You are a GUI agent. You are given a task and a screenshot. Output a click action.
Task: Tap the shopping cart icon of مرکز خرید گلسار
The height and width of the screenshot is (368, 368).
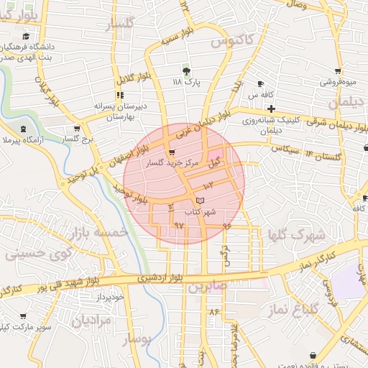click(x=171, y=152)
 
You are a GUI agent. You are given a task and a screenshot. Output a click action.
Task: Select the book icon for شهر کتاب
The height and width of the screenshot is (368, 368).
click(x=200, y=199)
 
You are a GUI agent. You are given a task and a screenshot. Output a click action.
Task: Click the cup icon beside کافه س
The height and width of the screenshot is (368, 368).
click(x=261, y=83)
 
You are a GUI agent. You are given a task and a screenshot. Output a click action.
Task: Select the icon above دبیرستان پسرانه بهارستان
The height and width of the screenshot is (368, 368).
click(x=119, y=94)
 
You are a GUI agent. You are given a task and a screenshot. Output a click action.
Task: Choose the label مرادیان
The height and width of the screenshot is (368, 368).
click(x=91, y=321)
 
